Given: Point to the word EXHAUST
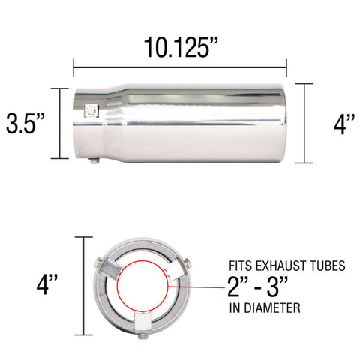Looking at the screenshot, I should (278, 265).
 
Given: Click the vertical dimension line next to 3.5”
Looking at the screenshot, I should (59, 123).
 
